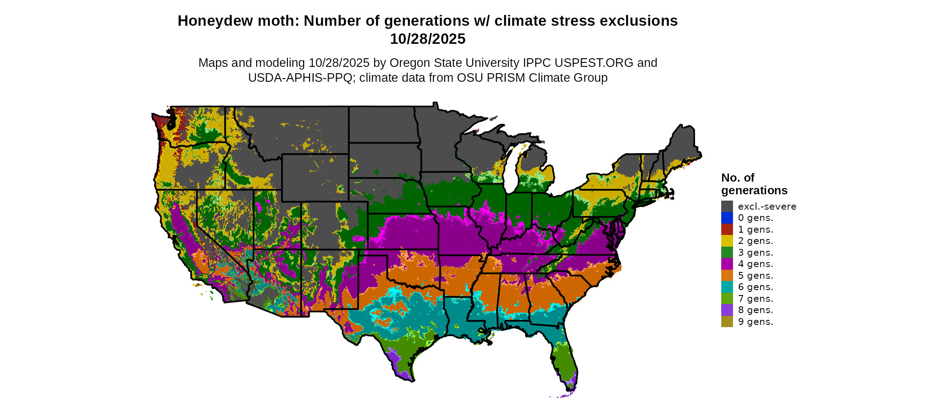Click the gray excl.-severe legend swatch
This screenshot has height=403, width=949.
[x=727, y=206]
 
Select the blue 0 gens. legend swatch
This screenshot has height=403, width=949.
[x=727, y=218]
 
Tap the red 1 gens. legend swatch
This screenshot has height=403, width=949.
[x=727, y=230]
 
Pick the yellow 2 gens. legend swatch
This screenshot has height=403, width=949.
[x=727, y=241]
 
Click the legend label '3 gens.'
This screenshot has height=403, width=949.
[x=755, y=253]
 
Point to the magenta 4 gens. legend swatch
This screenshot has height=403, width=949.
[x=727, y=264]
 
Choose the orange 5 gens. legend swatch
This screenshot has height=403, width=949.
[x=727, y=276]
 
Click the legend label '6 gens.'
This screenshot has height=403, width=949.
[x=755, y=287]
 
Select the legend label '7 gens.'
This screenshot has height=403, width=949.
[x=755, y=299]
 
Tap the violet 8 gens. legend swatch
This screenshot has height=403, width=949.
[x=727, y=310]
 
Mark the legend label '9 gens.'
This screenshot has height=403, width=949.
[x=755, y=322]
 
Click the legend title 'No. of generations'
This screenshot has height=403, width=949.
[x=754, y=184]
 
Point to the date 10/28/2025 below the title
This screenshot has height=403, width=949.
[x=428, y=39]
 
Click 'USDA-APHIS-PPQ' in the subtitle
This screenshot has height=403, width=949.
[x=300, y=78]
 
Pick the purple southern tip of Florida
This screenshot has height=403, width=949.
[x=571, y=382]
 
